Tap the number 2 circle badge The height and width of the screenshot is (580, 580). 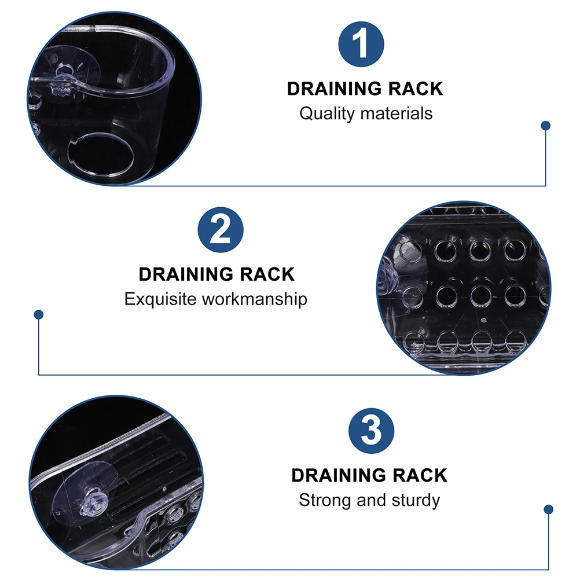(x=221, y=230)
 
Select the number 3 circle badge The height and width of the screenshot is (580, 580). (x=371, y=432)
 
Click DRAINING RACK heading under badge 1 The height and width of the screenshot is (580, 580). (x=365, y=89)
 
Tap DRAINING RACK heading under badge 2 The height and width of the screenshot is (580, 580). (x=216, y=274)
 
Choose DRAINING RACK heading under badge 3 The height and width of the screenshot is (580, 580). (x=369, y=476)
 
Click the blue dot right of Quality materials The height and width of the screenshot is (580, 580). (x=545, y=125)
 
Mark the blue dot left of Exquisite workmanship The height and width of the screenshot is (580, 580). (x=39, y=314)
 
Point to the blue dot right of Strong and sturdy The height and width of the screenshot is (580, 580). (x=549, y=509)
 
